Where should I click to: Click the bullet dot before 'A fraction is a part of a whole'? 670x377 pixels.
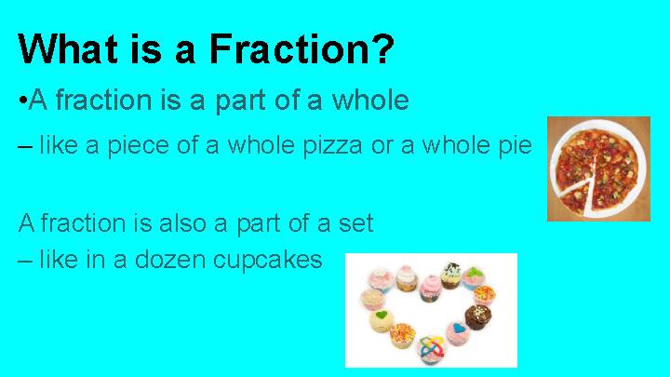(22, 100)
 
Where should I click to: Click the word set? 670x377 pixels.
(356, 223)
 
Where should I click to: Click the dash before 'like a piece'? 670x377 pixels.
(24, 147)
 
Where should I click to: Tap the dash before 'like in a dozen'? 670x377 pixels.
(24, 260)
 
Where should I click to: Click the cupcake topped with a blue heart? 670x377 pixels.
(457, 334)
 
